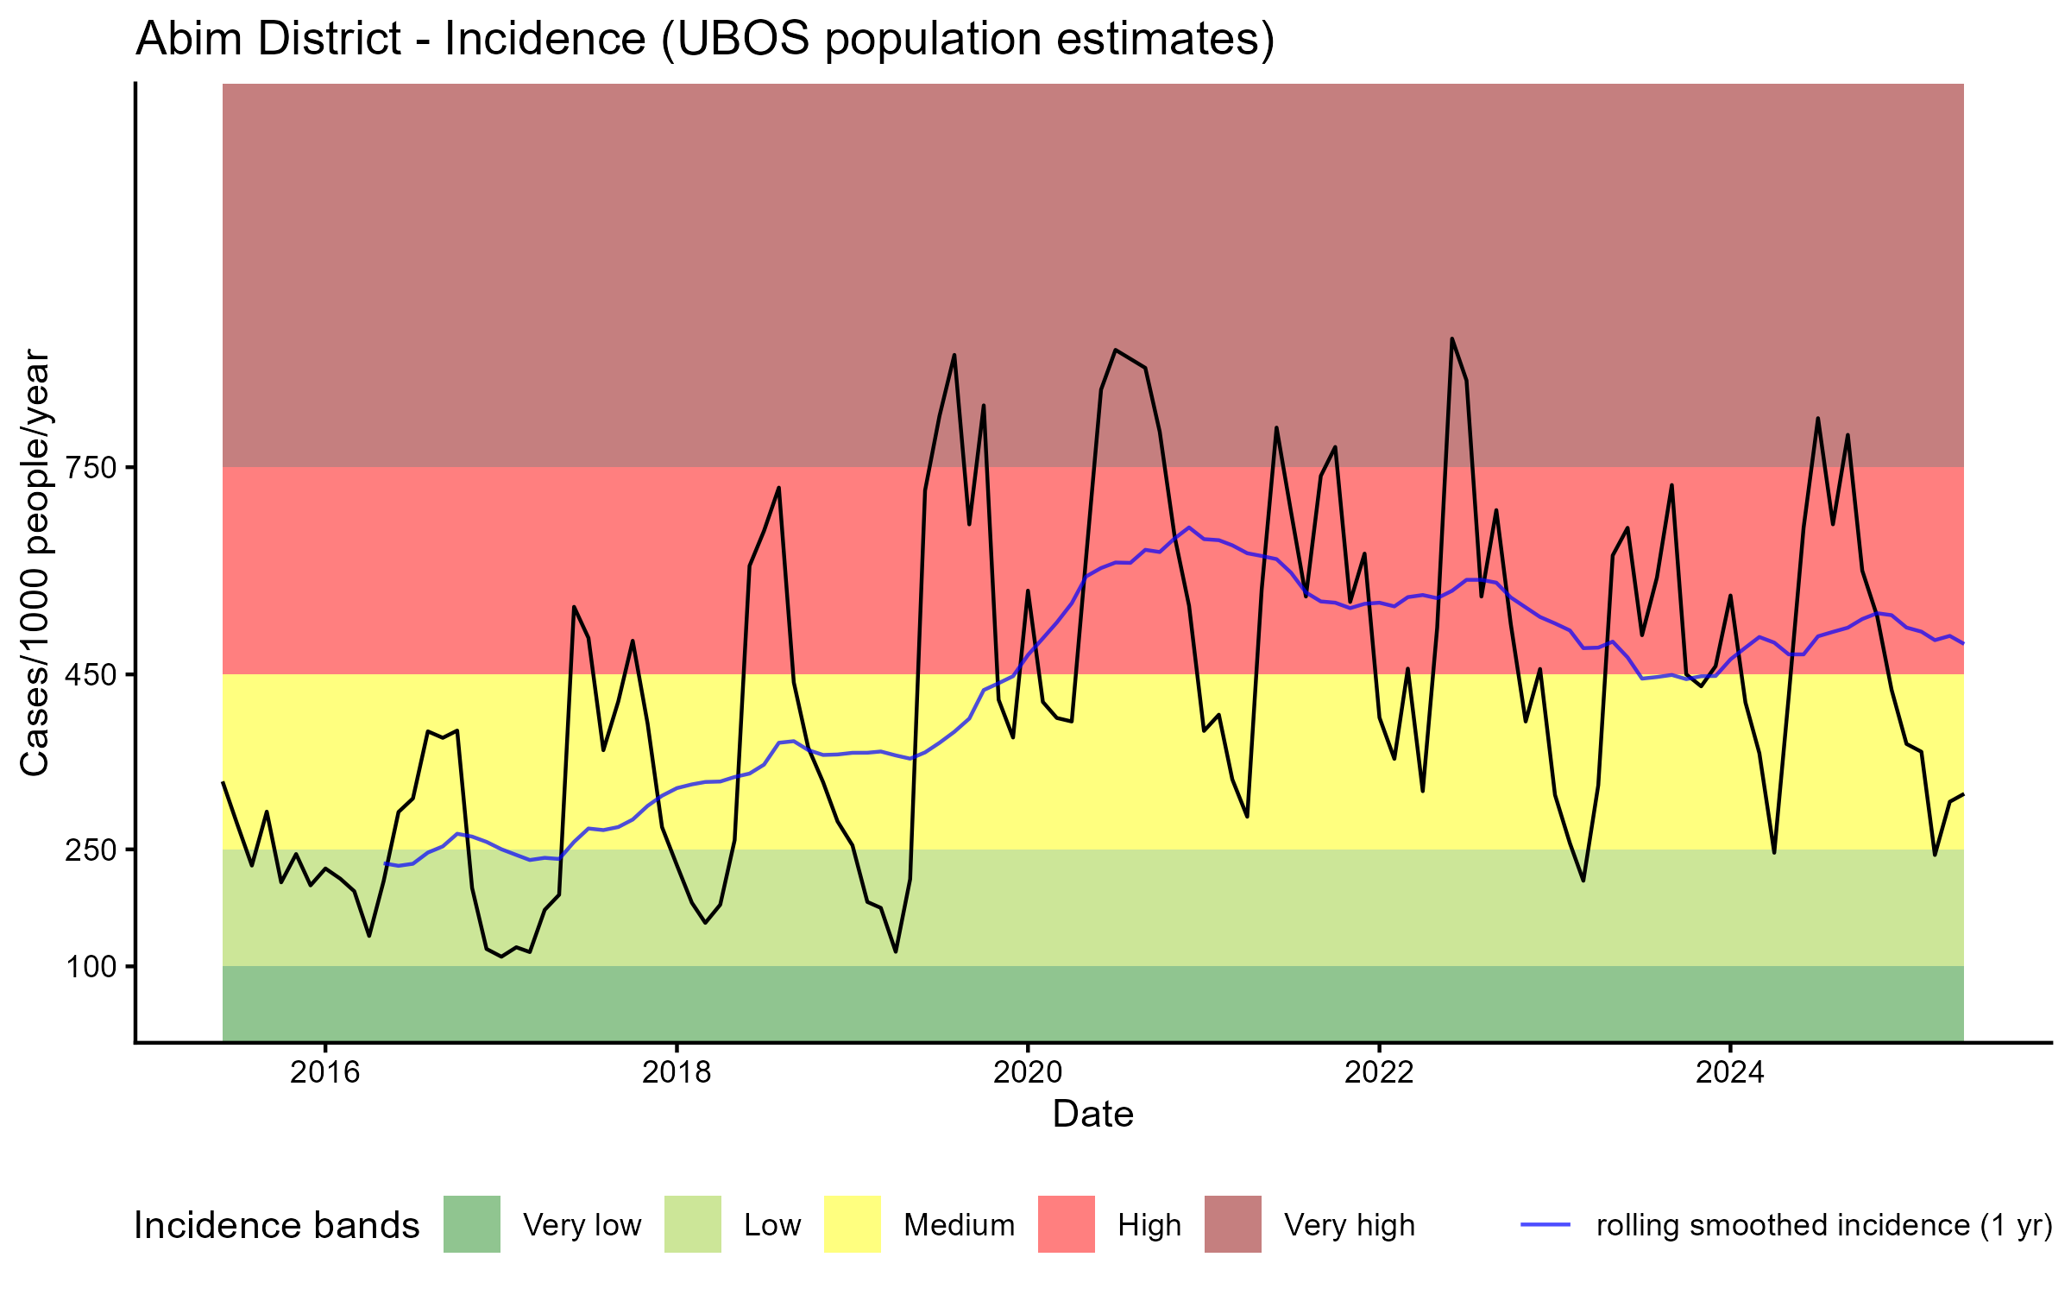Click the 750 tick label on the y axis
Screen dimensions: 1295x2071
[x=91, y=468]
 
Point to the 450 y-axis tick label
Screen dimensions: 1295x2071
[x=91, y=675]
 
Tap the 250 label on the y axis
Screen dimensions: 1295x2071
[x=91, y=850]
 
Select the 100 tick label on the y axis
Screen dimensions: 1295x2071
[x=91, y=967]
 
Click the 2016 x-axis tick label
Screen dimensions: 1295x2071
[x=324, y=1071]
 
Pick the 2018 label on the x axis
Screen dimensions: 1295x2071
[x=677, y=1071]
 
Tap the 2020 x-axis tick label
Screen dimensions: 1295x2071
[x=1028, y=1071]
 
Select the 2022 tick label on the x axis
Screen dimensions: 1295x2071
[x=1379, y=1071]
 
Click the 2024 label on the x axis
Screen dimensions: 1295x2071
[x=1730, y=1071]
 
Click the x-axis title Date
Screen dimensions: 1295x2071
[x=1092, y=1115]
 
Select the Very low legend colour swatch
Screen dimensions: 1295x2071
[x=472, y=1224]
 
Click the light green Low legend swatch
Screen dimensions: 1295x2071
[x=692, y=1224]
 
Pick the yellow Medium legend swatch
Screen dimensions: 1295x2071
[x=853, y=1224]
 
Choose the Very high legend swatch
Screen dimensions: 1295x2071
[x=1232, y=1224]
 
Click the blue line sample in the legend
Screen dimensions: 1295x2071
[x=1545, y=1224]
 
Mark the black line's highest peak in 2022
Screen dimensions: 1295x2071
[x=1452, y=338]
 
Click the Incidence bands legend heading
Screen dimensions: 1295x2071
[x=276, y=1226]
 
